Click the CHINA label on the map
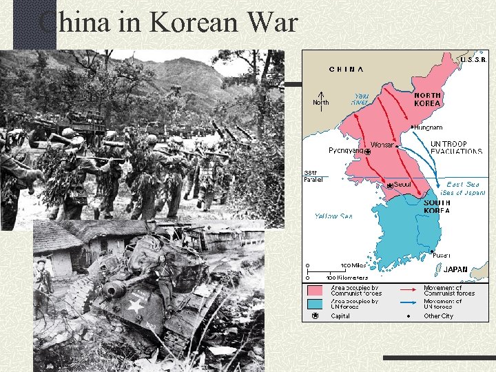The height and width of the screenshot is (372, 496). tap(347, 69)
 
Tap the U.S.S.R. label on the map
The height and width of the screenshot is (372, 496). tap(474, 60)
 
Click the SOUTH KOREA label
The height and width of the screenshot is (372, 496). tap(437, 207)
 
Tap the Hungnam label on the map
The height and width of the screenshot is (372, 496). tap(428, 127)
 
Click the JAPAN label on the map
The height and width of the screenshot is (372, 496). tap(455, 269)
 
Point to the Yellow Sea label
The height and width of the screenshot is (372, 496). tap(333, 216)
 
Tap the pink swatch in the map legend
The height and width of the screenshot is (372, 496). tap(315, 290)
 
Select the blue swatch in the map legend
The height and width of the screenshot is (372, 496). tap(315, 303)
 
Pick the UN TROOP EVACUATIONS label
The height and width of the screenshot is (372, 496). tap(456, 146)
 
